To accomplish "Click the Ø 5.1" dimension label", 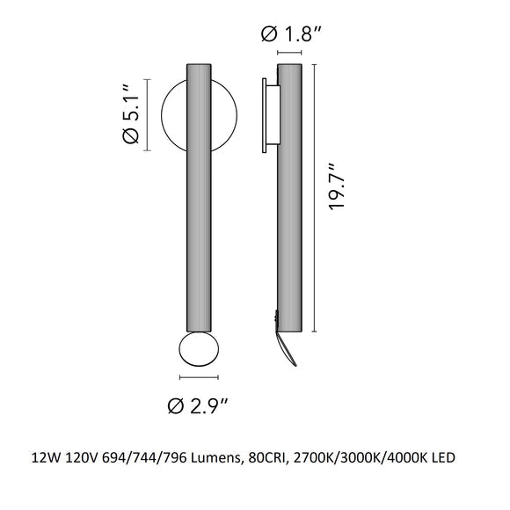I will pyautogui.click(x=127, y=114).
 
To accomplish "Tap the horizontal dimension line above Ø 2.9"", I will pyautogui.click(x=199, y=378).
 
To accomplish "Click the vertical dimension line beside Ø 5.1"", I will pyautogui.click(x=149, y=115).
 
